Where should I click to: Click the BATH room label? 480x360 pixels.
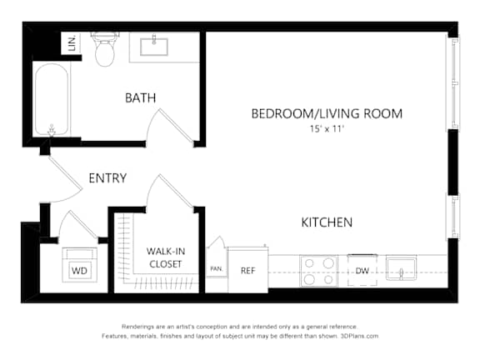click(x=141, y=98)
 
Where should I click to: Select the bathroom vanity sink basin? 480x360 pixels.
click(x=154, y=46)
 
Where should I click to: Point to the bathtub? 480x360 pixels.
click(x=52, y=99)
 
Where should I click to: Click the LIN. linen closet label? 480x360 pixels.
click(x=72, y=44)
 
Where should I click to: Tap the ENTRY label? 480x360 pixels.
click(x=107, y=178)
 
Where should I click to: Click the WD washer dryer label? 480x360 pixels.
click(x=79, y=271)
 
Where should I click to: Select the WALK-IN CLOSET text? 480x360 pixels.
click(x=166, y=257)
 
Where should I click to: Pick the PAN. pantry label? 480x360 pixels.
click(x=217, y=269)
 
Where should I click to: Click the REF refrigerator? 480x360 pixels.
click(x=248, y=270)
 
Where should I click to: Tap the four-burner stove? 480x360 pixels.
click(x=318, y=271)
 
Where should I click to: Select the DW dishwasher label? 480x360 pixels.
click(x=362, y=271)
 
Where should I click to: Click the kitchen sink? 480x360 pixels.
click(x=401, y=267)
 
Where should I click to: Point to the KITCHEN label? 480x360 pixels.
click(x=327, y=222)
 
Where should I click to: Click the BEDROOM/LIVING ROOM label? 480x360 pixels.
click(x=327, y=113)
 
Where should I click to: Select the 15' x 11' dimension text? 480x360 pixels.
click(x=327, y=128)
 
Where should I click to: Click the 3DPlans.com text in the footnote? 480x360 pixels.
click(x=359, y=336)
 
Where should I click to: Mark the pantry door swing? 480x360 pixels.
click(x=217, y=242)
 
